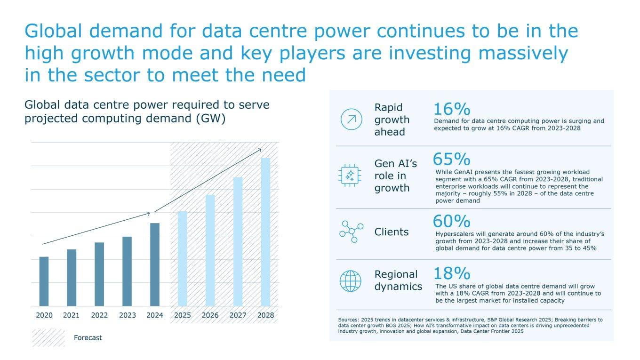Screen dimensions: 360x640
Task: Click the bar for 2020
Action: (44, 281)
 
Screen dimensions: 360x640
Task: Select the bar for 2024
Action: (155, 264)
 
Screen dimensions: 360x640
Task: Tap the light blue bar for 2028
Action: (266, 232)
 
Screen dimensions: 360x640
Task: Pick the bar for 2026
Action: (210, 250)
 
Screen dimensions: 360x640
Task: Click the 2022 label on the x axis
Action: (99, 315)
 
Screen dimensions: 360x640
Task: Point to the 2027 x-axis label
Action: (238, 315)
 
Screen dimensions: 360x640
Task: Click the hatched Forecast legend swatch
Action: (48, 338)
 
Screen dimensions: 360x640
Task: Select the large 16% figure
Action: (451, 109)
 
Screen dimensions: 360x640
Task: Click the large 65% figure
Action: (451, 159)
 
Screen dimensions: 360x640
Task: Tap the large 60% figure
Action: (451, 221)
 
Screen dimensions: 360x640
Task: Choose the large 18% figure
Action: (451, 273)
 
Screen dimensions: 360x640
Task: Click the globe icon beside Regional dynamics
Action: (351, 281)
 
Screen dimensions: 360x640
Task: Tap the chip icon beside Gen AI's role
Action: (351, 176)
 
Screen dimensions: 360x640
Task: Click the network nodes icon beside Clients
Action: (351, 231)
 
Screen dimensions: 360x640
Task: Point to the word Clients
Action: (392, 232)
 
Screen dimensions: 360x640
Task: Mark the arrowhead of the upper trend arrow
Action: (260, 150)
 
